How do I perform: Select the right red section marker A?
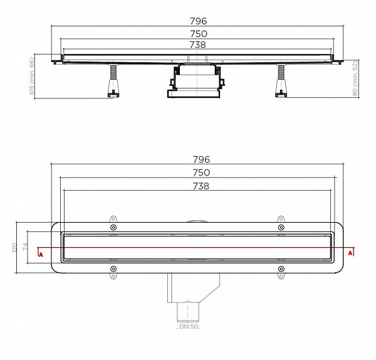coord(351,254)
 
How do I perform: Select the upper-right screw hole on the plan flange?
coord(280,227)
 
